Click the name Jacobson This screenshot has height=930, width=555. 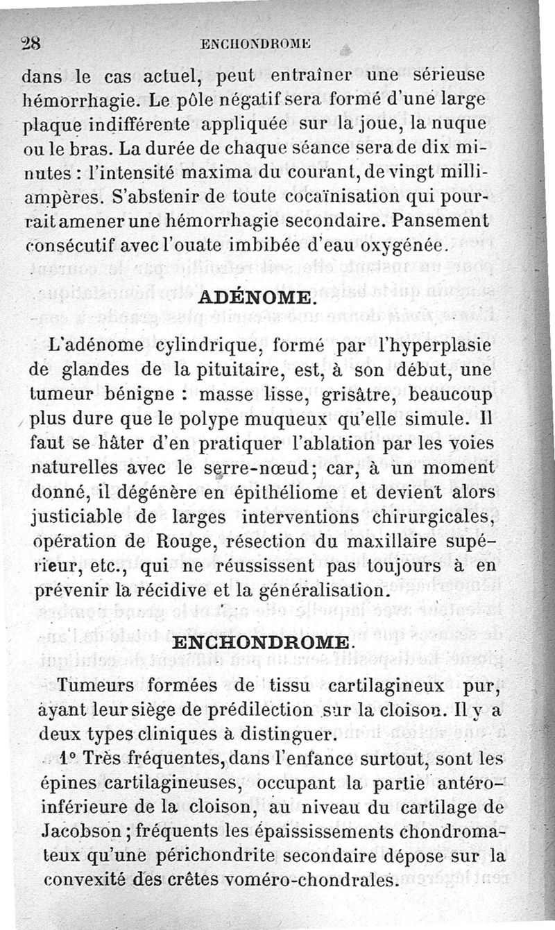tap(78, 832)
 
